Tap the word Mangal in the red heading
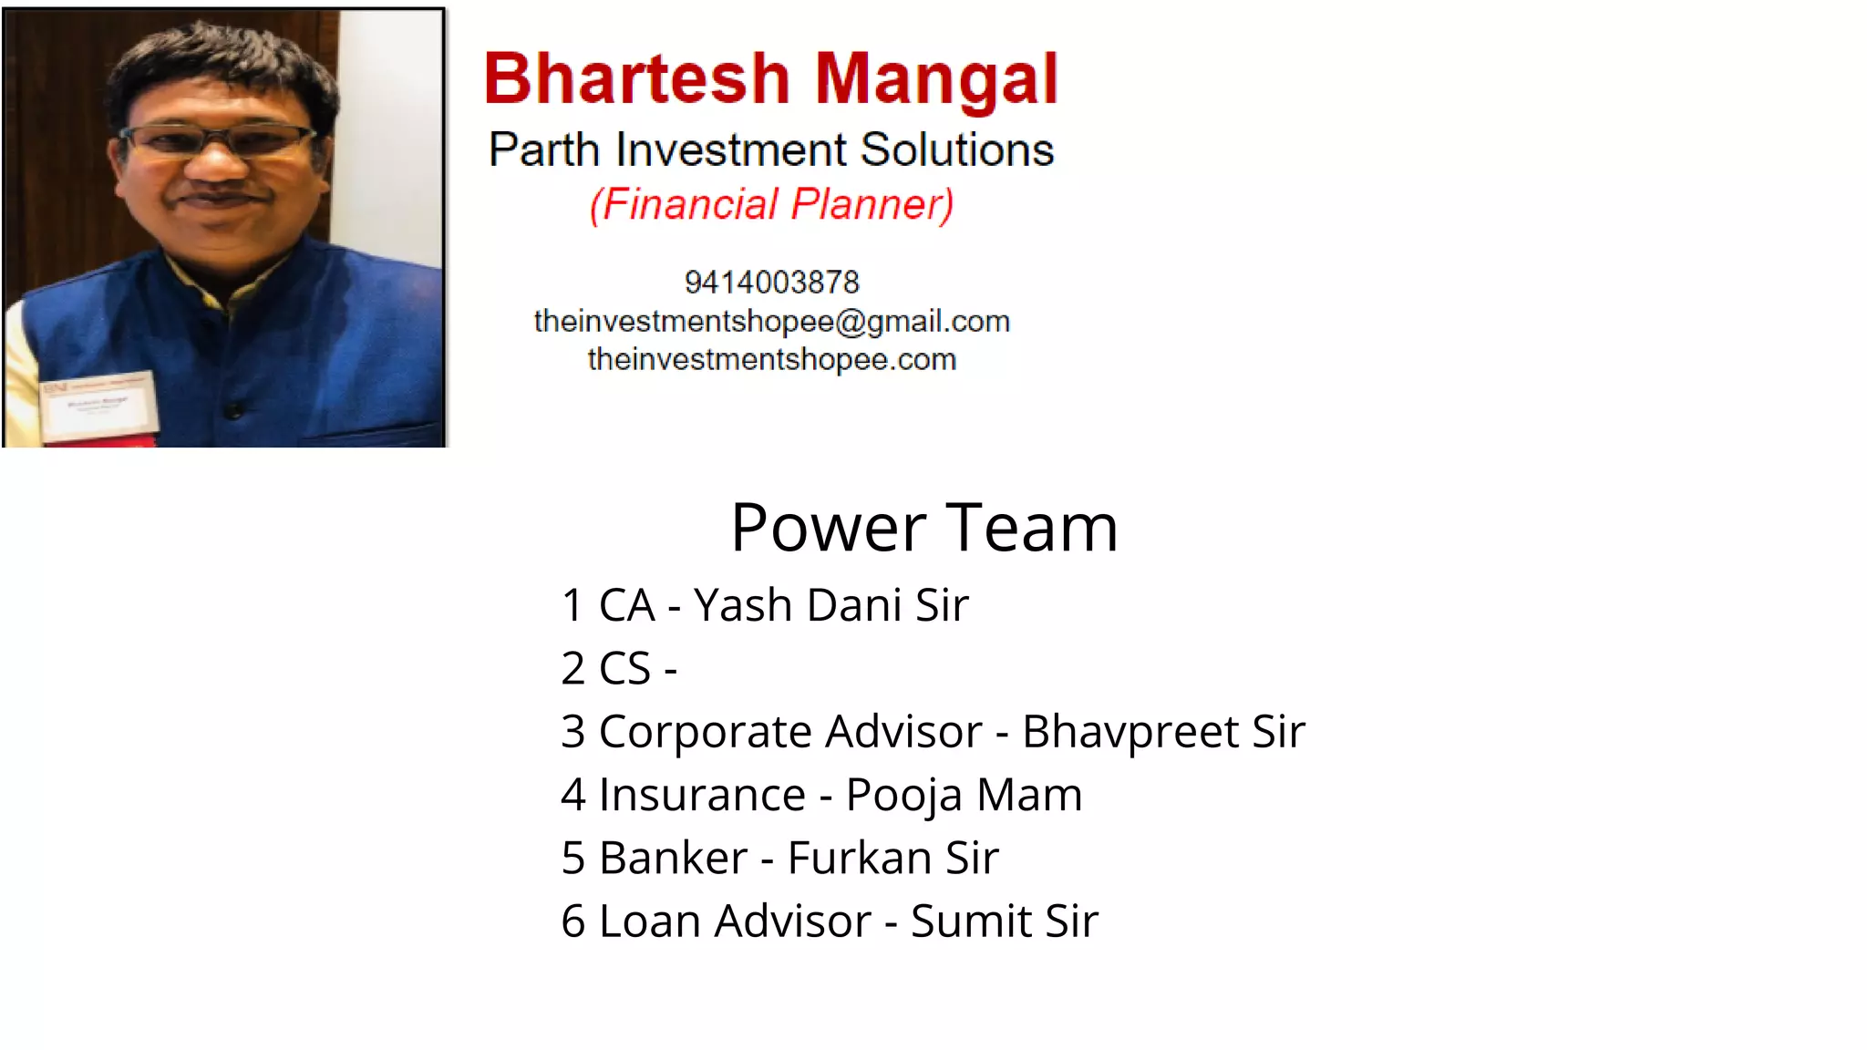[x=936, y=80]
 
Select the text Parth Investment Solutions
[x=771, y=149]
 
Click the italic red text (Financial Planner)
[x=771, y=204]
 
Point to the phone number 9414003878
[x=771, y=283]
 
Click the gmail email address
[x=771, y=321]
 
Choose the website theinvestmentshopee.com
[x=771, y=359]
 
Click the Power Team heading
[x=923, y=528]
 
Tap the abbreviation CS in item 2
[x=624, y=668]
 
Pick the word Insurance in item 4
[x=702, y=795]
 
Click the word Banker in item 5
[x=673, y=858]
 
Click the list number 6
[x=572, y=921]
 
